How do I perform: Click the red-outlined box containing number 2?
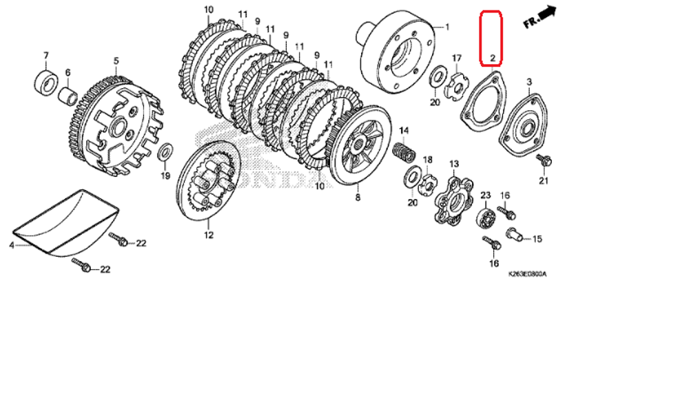[491, 38]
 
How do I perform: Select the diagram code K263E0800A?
[527, 273]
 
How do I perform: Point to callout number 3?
[529, 82]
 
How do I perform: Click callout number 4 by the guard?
[12, 244]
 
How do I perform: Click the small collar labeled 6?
[67, 93]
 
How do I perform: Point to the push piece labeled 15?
[515, 234]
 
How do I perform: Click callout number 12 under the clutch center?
[208, 235]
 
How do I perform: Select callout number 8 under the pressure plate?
[357, 197]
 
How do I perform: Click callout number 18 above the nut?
[427, 160]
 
